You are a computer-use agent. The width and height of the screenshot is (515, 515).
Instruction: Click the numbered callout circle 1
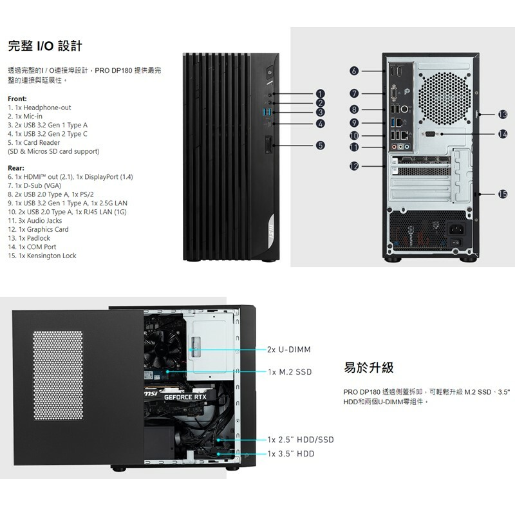(320, 94)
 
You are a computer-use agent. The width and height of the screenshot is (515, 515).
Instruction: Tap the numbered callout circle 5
(320, 145)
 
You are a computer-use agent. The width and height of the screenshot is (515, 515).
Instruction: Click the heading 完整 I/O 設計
(44, 46)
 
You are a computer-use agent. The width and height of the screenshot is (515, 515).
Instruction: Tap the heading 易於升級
(369, 368)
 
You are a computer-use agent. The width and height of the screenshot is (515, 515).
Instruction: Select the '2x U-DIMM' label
(289, 350)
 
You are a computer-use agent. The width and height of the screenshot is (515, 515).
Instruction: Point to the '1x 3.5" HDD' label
(291, 454)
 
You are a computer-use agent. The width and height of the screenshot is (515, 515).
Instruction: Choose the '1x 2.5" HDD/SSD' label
(301, 440)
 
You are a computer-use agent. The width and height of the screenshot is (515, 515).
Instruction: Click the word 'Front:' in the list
(17, 98)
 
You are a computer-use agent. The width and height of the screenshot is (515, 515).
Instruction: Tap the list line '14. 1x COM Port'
(32, 247)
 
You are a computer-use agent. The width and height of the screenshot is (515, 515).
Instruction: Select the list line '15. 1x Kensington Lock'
(42, 256)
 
